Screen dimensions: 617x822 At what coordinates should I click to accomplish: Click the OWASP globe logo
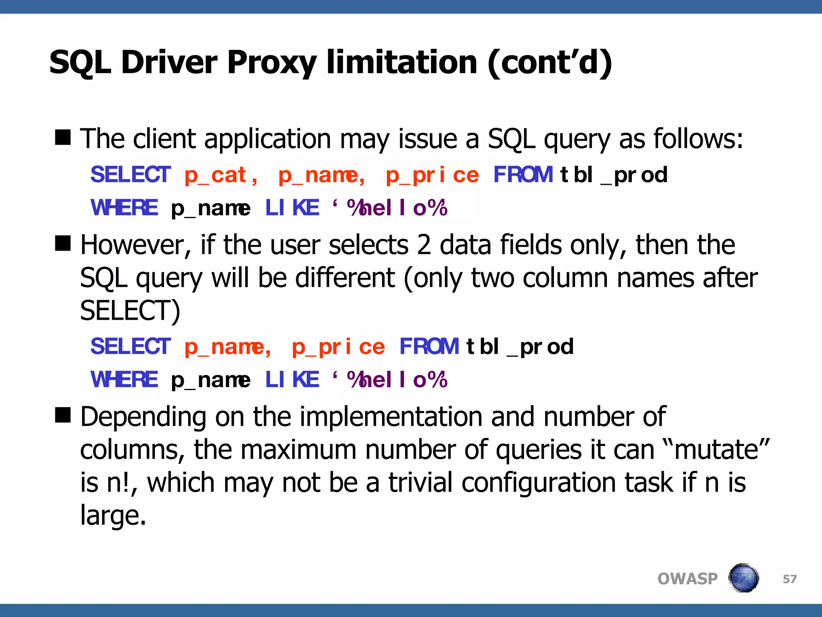[x=743, y=578]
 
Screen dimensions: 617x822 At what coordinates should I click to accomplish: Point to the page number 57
[x=789, y=579]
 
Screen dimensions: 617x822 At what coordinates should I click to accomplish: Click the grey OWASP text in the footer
[x=687, y=579]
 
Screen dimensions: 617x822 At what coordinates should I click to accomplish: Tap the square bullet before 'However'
[x=63, y=243]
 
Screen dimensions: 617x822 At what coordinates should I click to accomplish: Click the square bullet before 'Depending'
[x=63, y=415]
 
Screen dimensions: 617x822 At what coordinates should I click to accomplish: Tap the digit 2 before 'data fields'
[x=424, y=245]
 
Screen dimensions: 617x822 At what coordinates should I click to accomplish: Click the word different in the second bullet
[x=345, y=278]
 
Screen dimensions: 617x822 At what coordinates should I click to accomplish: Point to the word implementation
[x=391, y=417]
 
